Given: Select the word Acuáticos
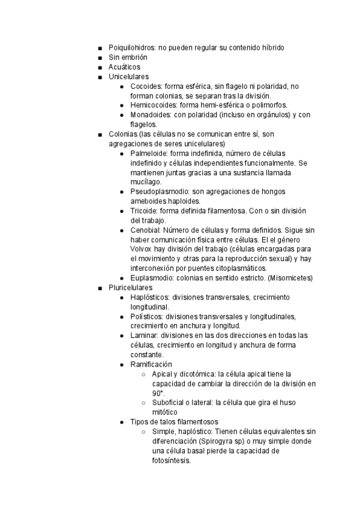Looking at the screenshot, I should pyautogui.click(x=124, y=67).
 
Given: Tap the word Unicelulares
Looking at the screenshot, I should pyautogui.click(x=128, y=77).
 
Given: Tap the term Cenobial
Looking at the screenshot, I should pyautogui.click(x=145, y=230).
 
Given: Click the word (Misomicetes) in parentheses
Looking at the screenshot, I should pyautogui.click(x=290, y=278).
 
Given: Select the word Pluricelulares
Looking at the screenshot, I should pyautogui.click(x=130, y=288).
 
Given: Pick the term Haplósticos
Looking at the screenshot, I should pyautogui.click(x=150, y=297).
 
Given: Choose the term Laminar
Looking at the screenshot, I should pyautogui.click(x=144, y=336).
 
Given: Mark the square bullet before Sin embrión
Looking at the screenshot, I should pyautogui.click(x=99, y=58).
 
